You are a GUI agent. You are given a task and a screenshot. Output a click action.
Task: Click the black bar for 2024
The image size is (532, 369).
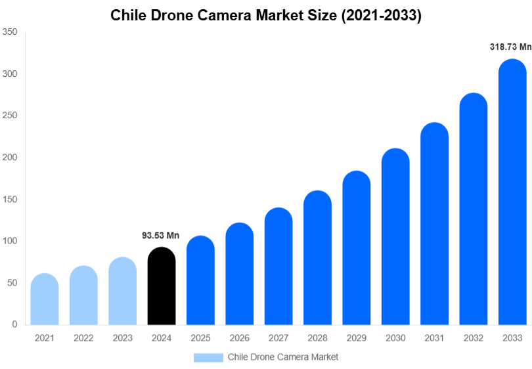click(x=162, y=286)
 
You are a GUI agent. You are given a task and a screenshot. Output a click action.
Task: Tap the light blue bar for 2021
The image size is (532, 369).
click(x=45, y=299)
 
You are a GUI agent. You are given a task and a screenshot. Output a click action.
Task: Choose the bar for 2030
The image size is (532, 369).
click(x=395, y=237)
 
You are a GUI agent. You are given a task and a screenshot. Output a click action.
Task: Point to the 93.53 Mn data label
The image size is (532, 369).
click(x=160, y=235)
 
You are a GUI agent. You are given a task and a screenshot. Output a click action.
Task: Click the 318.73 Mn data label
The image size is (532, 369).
click(x=510, y=47)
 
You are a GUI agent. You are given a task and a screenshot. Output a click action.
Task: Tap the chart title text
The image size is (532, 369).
click(x=265, y=16)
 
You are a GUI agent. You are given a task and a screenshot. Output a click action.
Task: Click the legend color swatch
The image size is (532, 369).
click(x=208, y=357)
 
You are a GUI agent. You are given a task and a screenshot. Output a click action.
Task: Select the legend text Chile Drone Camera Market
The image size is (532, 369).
click(x=282, y=357)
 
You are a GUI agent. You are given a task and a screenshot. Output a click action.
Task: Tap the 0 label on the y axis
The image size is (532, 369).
click(x=14, y=324)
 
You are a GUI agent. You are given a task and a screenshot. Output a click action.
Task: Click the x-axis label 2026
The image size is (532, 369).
click(x=239, y=338)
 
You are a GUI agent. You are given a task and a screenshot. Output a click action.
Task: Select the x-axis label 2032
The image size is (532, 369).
click(x=473, y=338)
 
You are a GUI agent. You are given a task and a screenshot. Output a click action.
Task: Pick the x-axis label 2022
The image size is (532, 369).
click(x=83, y=338)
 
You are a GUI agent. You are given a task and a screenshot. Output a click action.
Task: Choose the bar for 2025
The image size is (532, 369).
click(x=200, y=280)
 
